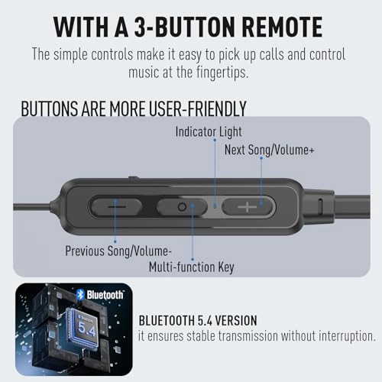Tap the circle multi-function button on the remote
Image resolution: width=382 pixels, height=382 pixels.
tap(182, 206)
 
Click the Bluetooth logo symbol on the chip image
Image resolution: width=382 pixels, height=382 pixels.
tap(79, 294)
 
